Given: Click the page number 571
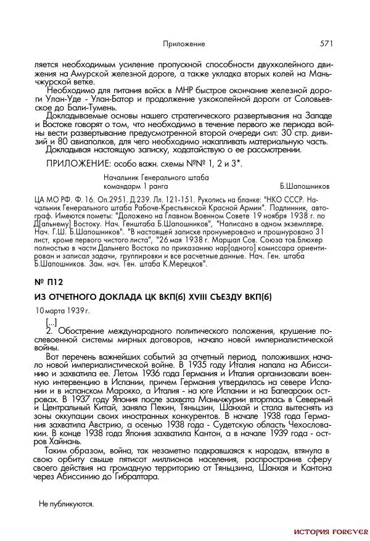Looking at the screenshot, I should (x=326, y=44).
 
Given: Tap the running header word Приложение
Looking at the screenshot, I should (x=184, y=44).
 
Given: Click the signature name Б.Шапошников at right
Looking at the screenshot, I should (x=305, y=185).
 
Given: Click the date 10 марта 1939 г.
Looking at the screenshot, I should (x=62, y=310).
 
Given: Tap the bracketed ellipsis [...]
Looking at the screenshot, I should (x=52, y=323).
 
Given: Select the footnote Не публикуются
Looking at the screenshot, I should (x=66, y=504).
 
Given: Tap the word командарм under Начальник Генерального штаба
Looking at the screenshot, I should (x=123, y=185).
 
